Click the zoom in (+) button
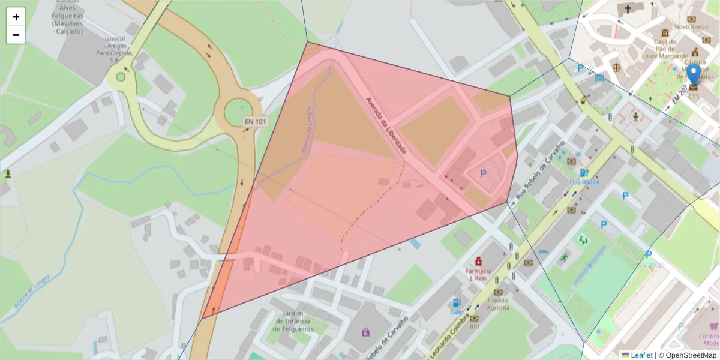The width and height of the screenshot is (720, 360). (16, 17)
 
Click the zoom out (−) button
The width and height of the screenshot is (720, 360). (16, 35)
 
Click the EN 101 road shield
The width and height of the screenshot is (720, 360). (255, 122)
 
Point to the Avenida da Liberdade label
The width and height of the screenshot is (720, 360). (386, 125)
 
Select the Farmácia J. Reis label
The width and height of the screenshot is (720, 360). (478, 274)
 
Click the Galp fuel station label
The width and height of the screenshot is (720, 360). (457, 312)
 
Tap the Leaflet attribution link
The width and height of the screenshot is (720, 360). (641, 355)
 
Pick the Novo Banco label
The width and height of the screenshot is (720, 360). (692, 27)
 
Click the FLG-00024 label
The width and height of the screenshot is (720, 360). (584, 182)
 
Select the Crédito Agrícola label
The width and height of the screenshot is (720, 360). (498, 304)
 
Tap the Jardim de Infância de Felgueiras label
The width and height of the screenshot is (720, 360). (294, 322)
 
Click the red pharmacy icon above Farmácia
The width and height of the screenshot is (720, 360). (478, 262)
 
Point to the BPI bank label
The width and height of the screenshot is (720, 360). (474, 326)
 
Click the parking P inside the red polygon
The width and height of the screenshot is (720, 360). (483, 174)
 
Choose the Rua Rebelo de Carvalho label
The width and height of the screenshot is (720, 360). (540, 172)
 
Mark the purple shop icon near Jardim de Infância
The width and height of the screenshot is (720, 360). (365, 332)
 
